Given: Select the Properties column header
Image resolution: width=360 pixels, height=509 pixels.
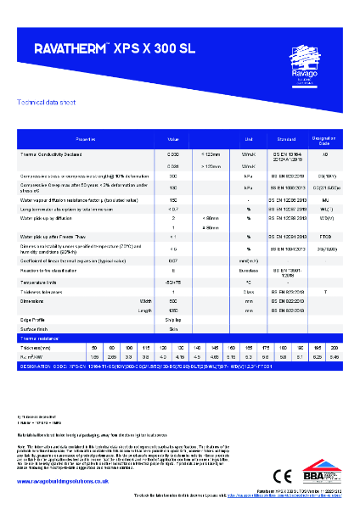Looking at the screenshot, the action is tap(87, 138).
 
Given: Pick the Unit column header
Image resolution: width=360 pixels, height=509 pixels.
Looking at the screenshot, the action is tap(249, 138).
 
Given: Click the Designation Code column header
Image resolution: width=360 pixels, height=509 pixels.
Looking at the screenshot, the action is tap(324, 138).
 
